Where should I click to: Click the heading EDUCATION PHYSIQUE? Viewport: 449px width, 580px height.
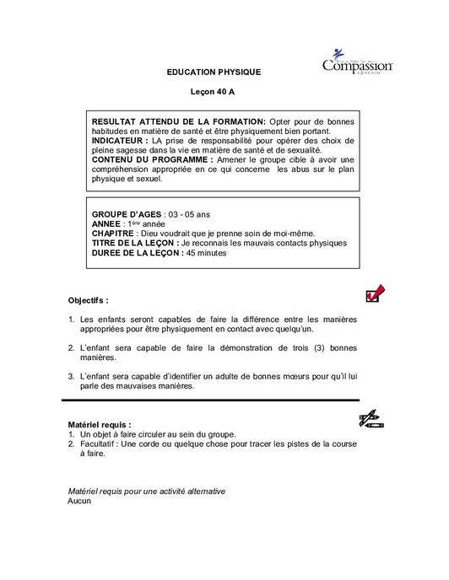coord(214,72)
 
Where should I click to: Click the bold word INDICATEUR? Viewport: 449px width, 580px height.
coord(118,140)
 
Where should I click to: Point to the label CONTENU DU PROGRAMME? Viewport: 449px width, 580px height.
coord(140,158)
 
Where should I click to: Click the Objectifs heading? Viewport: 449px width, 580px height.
coord(88,299)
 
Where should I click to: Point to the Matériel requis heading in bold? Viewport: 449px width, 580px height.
coord(99,424)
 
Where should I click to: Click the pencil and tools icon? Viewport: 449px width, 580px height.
coord(372,418)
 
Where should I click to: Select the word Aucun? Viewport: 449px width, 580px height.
coord(78,500)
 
